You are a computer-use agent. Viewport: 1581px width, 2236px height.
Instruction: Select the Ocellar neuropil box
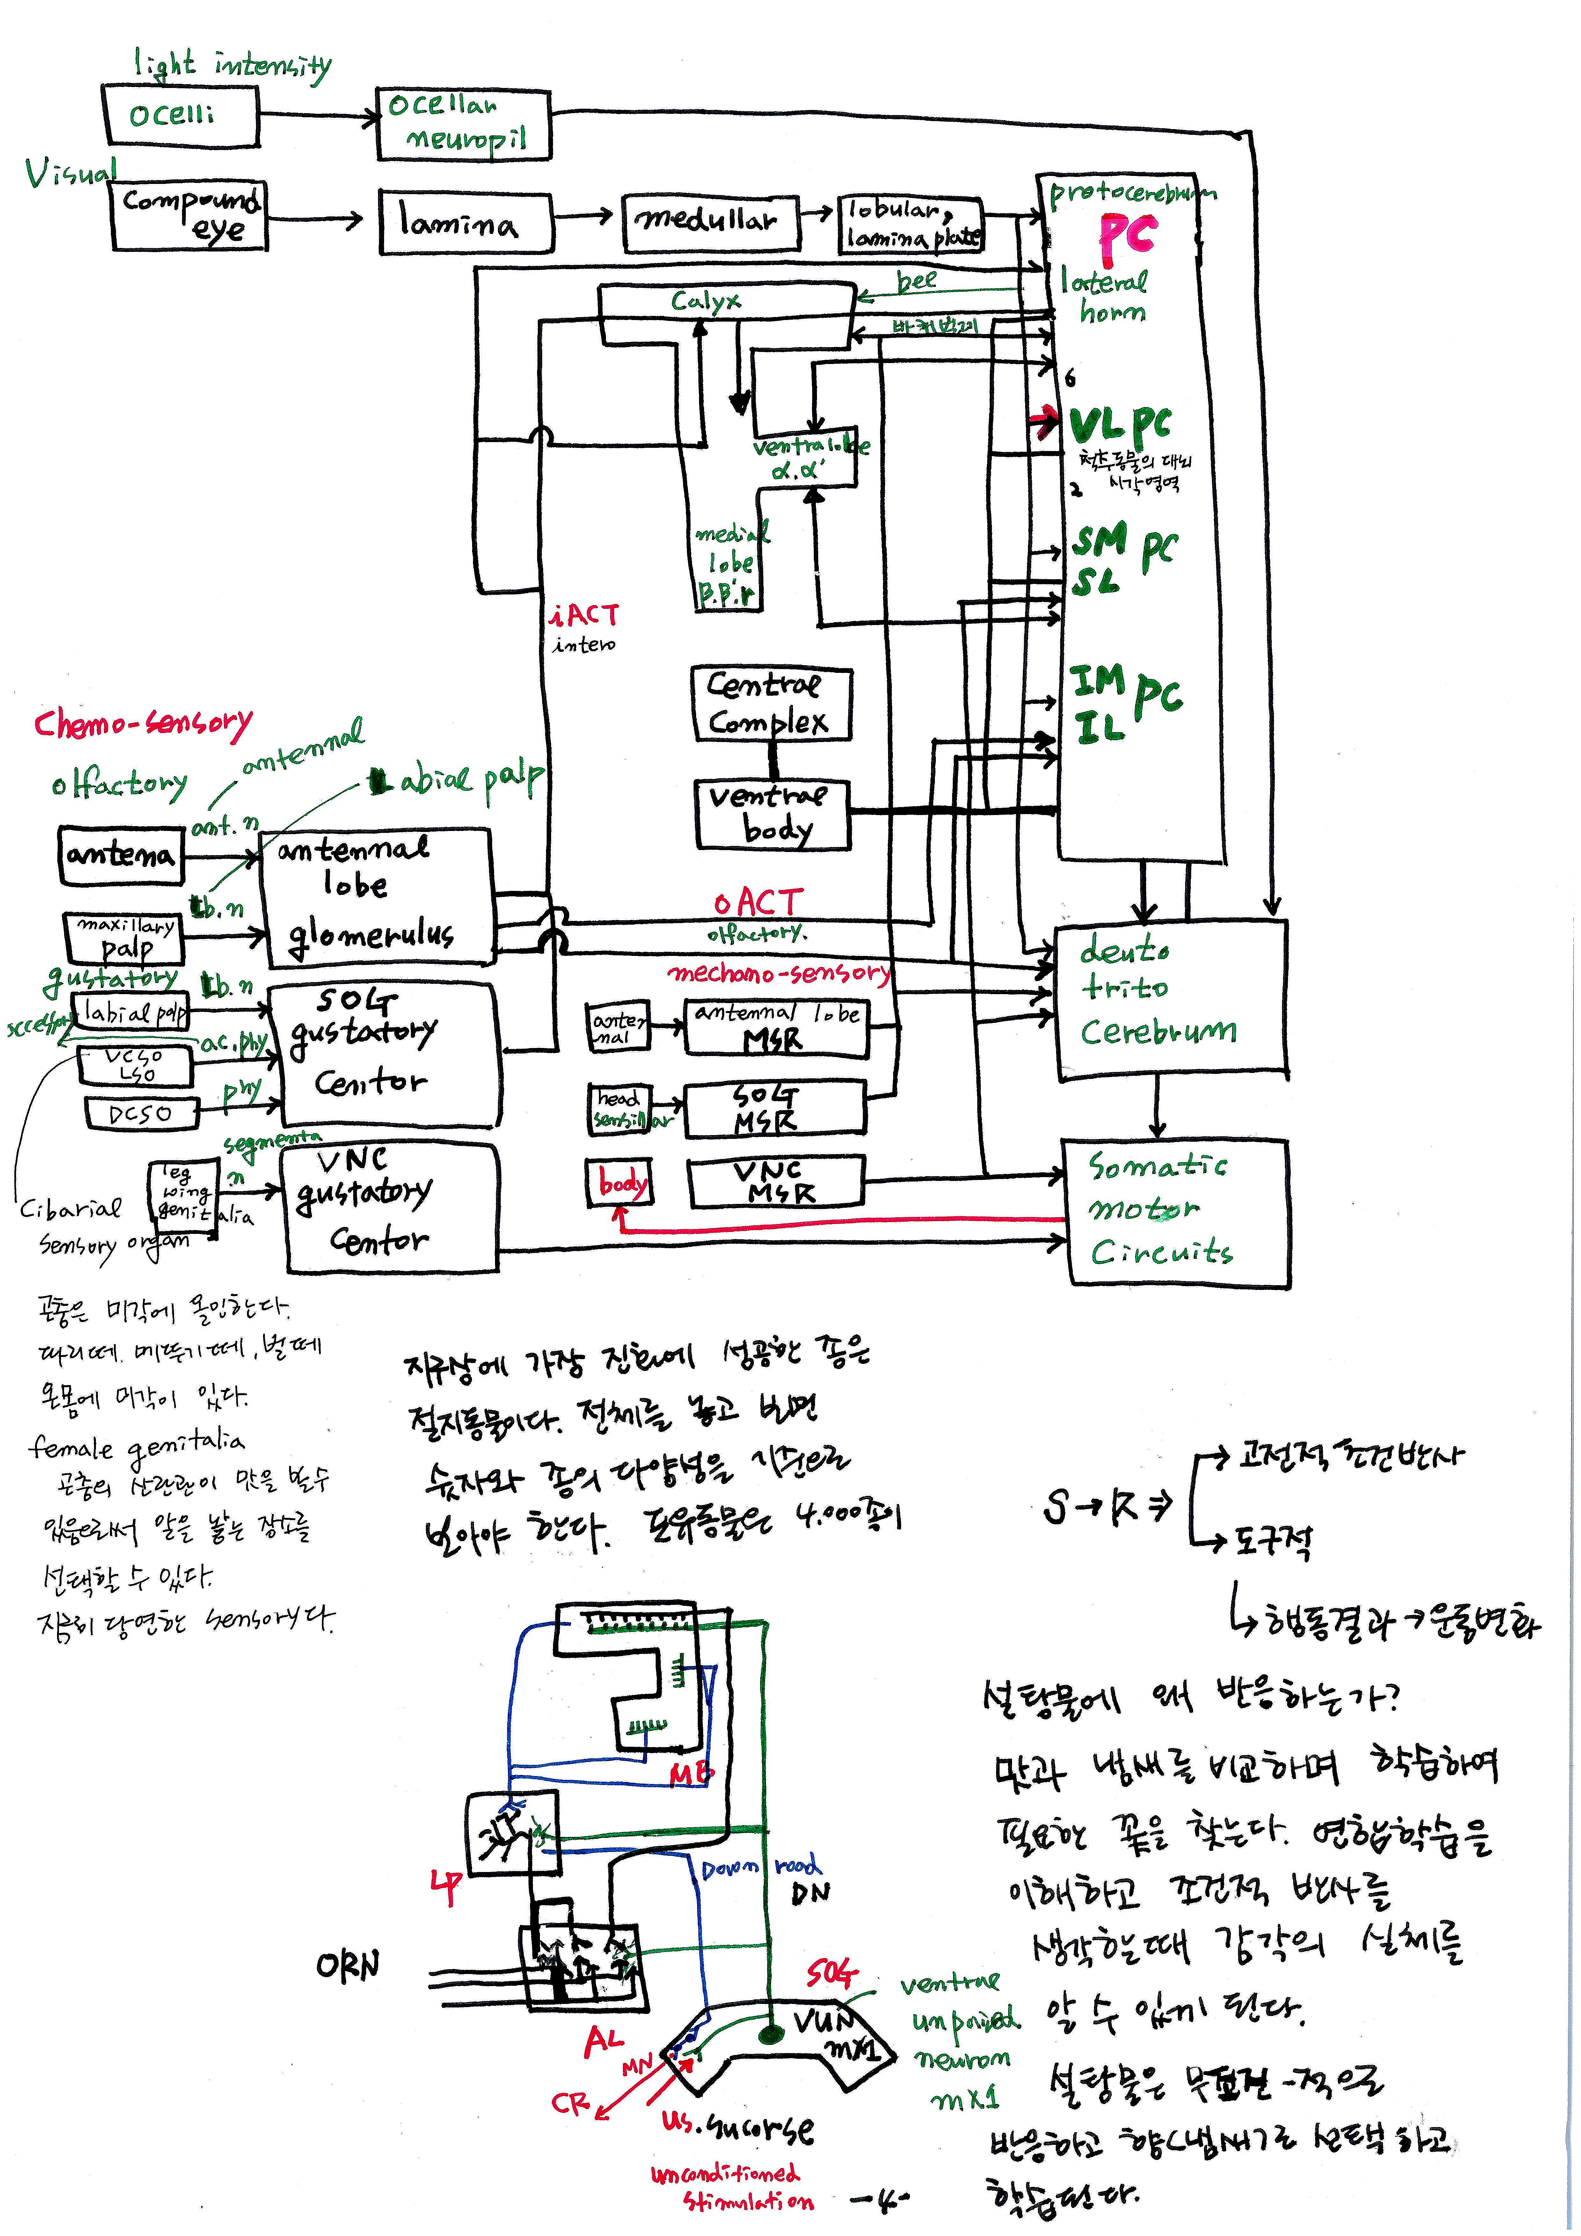pyautogui.click(x=463, y=123)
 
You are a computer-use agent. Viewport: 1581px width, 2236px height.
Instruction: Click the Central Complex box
pyautogui.click(x=771, y=704)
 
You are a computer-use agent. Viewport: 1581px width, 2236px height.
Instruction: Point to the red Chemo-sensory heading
pyautogui.click(x=143, y=724)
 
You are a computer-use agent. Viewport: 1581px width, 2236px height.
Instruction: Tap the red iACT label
pyautogui.click(x=584, y=615)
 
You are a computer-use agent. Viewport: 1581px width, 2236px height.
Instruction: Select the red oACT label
pyautogui.click(x=758, y=902)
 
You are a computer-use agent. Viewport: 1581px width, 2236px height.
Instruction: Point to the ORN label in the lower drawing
pyautogui.click(x=347, y=1965)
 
